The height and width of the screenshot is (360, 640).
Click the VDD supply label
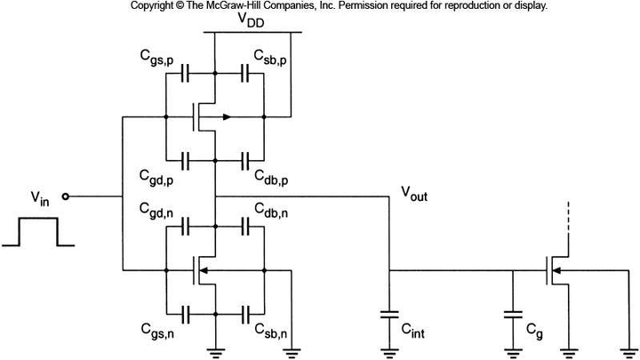(254, 21)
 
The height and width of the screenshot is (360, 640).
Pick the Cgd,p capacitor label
(157, 173)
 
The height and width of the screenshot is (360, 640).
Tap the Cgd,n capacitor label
(157, 211)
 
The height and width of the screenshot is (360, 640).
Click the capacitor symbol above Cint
(389, 313)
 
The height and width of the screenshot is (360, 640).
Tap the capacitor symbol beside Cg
(512, 313)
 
